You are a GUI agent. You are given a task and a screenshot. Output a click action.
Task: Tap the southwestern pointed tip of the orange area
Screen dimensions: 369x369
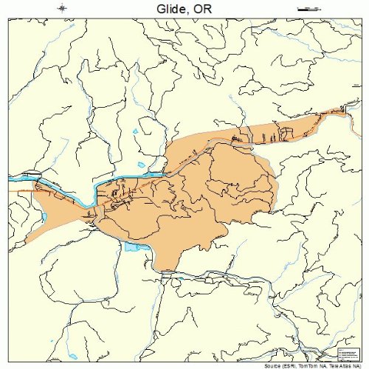[x=27, y=241]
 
